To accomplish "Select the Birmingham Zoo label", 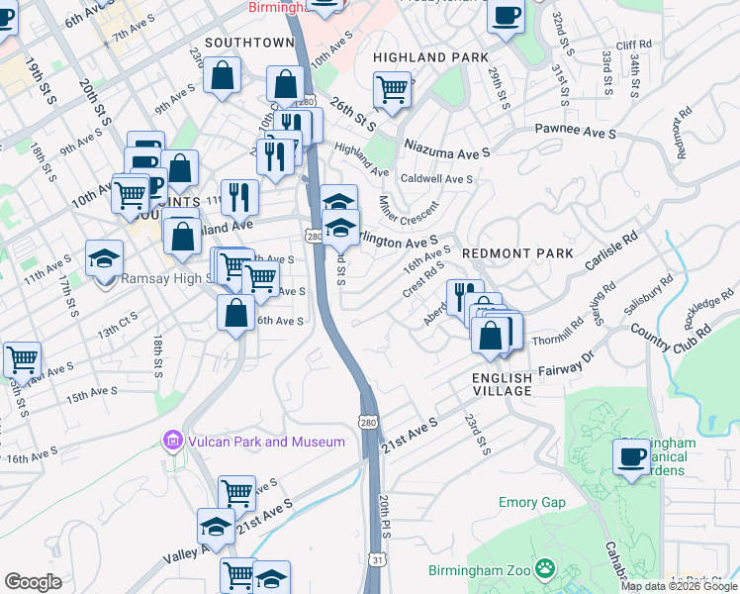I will pyautogui.click(x=480, y=570).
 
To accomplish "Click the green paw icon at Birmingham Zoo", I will pyautogui.click(x=544, y=568).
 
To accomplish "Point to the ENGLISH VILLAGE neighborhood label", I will pyautogui.click(x=502, y=384).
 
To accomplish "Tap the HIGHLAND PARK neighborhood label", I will pyautogui.click(x=430, y=57).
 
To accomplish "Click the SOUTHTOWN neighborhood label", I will pyautogui.click(x=249, y=43).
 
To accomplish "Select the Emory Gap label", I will pyautogui.click(x=532, y=502).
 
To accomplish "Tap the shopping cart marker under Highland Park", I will pyautogui.click(x=393, y=89).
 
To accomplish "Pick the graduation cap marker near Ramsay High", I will pyautogui.click(x=104, y=259).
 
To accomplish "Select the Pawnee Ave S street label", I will pyautogui.click(x=576, y=130).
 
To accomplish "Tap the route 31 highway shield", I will pyautogui.click(x=378, y=559).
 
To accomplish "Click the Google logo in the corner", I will pyautogui.click(x=33, y=582).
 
